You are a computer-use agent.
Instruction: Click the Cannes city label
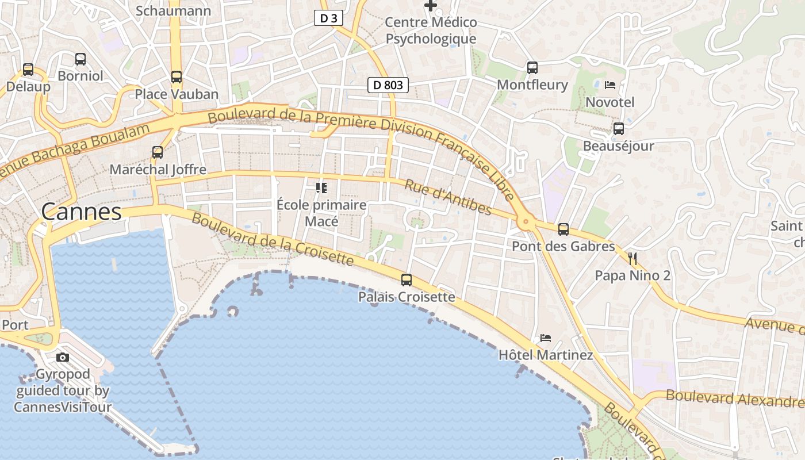pyautogui.click(x=81, y=212)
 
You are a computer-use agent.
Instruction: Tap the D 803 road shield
pyautogui.click(x=388, y=85)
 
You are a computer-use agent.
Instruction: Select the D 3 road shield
pyautogui.click(x=328, y=18)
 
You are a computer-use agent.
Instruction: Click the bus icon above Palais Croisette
pyautogui.click(x=407, y=280)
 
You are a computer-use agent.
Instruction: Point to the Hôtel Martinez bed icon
pyautogui.click(x=545, y=338)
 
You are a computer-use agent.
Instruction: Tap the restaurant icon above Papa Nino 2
pyautogui.click(x=632, y=258)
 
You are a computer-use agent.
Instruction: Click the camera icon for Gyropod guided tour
pyautogui.click(x=63, y=357)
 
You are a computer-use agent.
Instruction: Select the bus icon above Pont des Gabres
pyautogui.click(x=563, y=229)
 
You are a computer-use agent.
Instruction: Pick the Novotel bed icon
pyautogui.click(x=610, y=85)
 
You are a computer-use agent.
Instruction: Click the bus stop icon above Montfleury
pyautogui.click(x=532, y=68)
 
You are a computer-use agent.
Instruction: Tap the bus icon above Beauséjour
pyautogui.click(x=619, y=129)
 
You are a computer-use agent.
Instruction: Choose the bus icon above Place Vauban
pyautogui.click(x=177, y=77)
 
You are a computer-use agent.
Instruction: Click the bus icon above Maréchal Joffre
pyautogui.click(x=158, y=152)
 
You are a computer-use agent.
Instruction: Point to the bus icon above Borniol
pyautogui.click(x=80, y=59)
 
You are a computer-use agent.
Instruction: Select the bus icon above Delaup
pyautogui.click(x=28, y=70)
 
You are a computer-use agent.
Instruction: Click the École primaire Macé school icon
pyautogui.click(x=321, y=188)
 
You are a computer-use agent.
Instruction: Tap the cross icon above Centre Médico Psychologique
pyautogui.click(x=431, y=6)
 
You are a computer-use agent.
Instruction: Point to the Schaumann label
pyautogui.click(x=173, y=10)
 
